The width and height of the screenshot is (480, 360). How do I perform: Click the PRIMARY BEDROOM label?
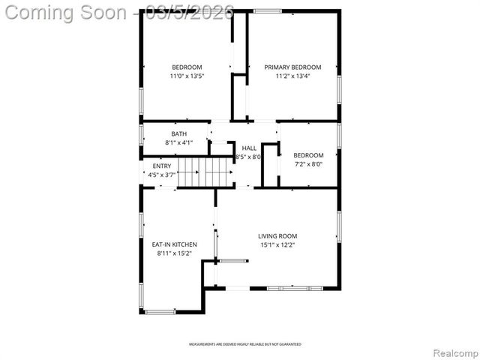292,67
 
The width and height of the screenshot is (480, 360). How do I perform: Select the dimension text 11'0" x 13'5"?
187,76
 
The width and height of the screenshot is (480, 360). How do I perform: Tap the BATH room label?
178,133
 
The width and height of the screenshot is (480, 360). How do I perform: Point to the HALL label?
248,148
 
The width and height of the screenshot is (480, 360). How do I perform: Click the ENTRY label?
161,166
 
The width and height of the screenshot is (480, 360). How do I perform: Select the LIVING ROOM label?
277,235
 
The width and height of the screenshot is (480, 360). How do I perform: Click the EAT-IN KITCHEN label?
174,244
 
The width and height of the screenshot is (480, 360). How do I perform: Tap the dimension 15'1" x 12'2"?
277,244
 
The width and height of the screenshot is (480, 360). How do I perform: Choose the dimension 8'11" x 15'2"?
174,253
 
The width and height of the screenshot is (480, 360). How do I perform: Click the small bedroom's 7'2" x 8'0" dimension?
308,164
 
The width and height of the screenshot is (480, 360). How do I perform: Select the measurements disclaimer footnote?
245,344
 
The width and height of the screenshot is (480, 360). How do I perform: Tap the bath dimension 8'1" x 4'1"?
178,142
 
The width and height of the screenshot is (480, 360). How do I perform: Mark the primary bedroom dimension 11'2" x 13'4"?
292,76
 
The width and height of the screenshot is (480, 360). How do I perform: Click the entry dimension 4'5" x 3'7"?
161,175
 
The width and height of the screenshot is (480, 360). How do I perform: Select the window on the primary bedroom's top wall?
267,11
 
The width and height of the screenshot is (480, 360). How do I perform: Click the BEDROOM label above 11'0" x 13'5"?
187,67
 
